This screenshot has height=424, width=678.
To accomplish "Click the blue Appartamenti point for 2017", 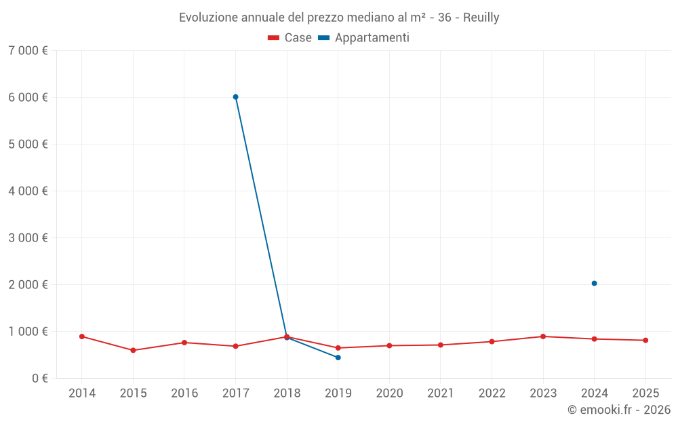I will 235,97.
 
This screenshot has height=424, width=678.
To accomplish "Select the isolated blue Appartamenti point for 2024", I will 594,284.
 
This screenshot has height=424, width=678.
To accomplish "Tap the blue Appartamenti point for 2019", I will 338,358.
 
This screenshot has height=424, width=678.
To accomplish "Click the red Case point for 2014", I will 82,336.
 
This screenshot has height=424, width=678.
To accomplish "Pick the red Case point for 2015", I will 133,350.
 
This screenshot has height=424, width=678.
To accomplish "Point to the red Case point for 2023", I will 543,336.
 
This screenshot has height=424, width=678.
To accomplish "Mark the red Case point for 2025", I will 645,341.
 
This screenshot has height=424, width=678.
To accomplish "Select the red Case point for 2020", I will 389,345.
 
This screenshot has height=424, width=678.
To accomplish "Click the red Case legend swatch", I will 274,38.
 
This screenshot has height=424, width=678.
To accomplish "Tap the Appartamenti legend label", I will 372,38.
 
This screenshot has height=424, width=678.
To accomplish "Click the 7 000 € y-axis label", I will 28,50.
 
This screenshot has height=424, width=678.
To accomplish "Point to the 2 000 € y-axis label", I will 28,284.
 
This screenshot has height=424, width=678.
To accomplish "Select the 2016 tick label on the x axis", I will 184,393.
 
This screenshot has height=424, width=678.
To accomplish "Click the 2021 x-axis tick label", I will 441,393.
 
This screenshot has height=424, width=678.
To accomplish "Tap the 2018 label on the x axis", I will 287,393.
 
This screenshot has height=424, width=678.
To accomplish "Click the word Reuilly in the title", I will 481,18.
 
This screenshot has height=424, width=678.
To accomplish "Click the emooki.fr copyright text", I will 619,410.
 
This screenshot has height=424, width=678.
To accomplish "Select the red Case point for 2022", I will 492,341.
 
